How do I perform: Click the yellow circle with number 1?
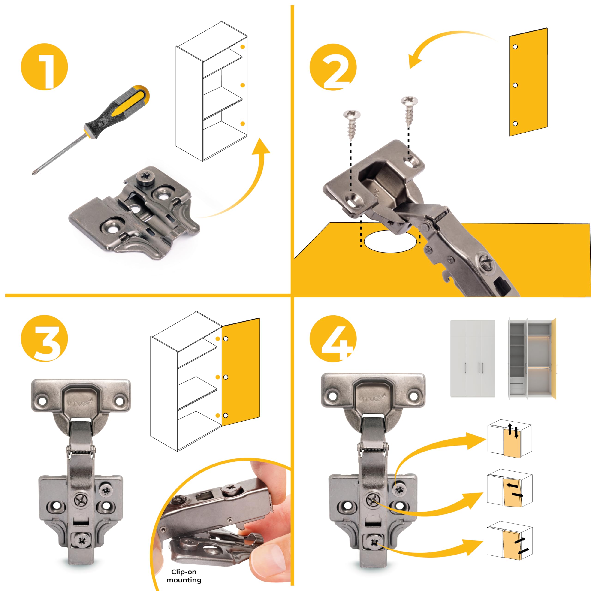(x=44, y=67)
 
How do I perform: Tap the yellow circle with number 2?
(x=333, y=67)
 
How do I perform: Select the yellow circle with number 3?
(x=44, y=338)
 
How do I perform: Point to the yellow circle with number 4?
(x=333, y=338)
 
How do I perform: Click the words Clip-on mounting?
(x=184, y=576)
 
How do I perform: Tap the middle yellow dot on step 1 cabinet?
(x=243, y=85)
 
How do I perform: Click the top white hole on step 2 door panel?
(x=516, y=47)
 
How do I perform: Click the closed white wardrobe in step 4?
(x=473, y=358)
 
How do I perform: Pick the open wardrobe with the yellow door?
(x=532, y=358)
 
